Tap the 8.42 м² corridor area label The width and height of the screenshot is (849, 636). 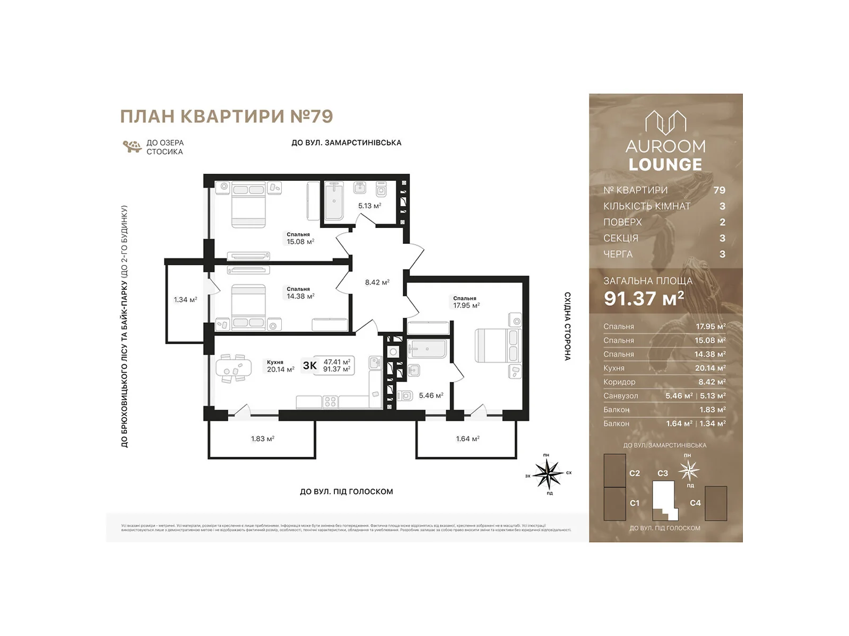(x=377, y=282)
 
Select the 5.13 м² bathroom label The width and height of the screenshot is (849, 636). (x=369, y=206)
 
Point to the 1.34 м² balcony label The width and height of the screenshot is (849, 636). (x=185, y=300)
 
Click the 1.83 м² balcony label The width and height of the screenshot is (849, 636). (x=262, y=439)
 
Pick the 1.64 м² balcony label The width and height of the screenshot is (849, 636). (x=467, y=439)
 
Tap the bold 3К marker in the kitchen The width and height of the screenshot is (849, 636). (x=309, y=366)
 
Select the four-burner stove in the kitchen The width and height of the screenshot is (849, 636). (x=330, y=402)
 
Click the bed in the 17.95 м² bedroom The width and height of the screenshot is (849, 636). (x=497, y=346)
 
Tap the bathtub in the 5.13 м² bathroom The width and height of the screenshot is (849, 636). (x=334, y=201)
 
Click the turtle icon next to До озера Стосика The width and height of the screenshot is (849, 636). (x=132, y=146)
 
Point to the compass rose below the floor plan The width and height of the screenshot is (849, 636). (x=548, y=473)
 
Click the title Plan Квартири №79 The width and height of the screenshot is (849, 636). (x=227, y=116)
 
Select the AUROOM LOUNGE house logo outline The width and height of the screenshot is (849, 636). (x=665, y=122)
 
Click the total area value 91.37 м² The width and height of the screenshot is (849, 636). (x=644, y=299)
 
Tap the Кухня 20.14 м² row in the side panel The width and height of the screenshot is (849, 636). (x=664, y=368)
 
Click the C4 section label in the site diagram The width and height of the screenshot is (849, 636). (x=695, y=503)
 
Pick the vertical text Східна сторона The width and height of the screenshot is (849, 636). (x=567, y=326)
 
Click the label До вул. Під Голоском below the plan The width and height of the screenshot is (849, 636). (x=346, y=492)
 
